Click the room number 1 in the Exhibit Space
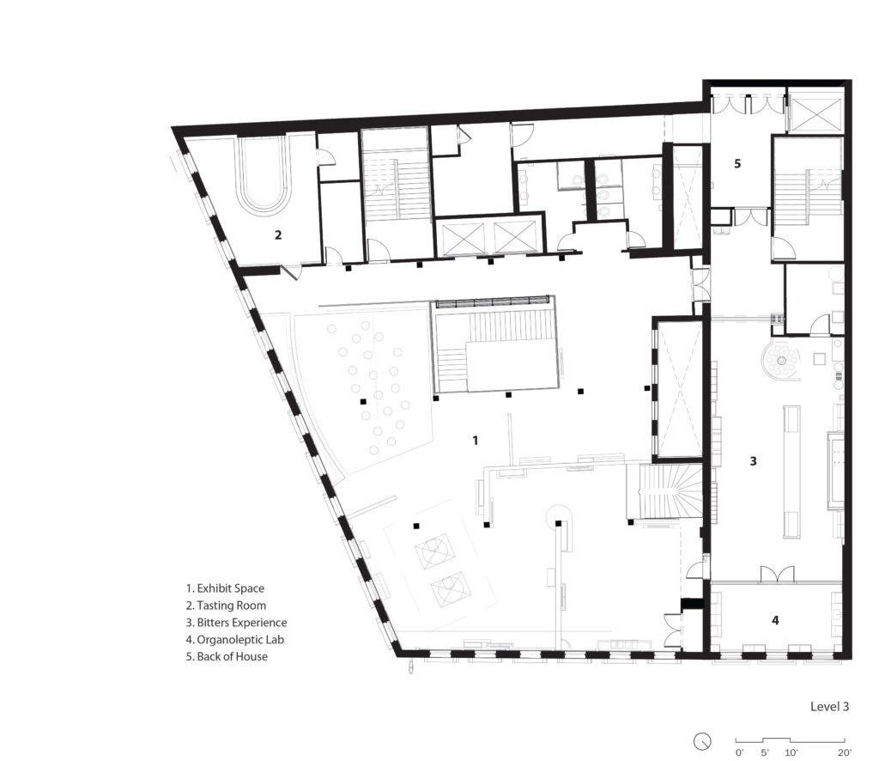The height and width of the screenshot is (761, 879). click(x=475, y=440)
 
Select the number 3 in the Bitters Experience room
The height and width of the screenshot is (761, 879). click(x=753, y=461)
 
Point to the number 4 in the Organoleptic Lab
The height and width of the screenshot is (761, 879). click(x=776, y=619)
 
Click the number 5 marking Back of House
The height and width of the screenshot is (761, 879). click(x=737, y=162)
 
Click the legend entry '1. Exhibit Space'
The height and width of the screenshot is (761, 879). click(x=225, y=588)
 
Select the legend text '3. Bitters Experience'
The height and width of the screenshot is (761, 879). click(x=236, y=623)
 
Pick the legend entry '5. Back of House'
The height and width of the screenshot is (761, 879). click(x=227, y=656)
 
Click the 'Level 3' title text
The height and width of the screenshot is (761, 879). click(x=829, y=707)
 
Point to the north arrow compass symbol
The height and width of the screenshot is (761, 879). click(x=704, y=740)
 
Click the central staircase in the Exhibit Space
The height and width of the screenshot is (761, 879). click(x=496, y=348)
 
